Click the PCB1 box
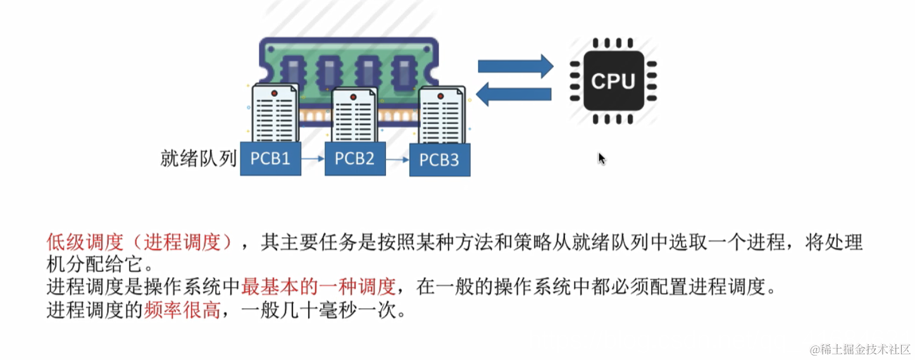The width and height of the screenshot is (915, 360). pyautogui.click(x=270, y=158)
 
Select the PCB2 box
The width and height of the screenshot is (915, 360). pyautogui.click(x=355, y=158)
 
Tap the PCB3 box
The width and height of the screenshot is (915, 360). pyautogui.click(x=440, y=159)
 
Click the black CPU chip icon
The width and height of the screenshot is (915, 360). pyautogui.click(x=613, y=81)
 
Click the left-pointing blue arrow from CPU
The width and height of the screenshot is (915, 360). pyautogui.click(x=513, y=94)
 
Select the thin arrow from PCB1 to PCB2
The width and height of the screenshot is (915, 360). pyautogui.click(x=313, y=159)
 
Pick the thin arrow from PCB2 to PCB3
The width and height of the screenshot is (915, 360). pyautogui.click(x=397, y=160)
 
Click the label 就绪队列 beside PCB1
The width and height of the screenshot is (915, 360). pyautogui.click(x=198, y=158)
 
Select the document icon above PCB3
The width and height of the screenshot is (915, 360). pyautogui.click(x=441, y=118)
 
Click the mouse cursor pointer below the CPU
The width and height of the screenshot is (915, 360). pyautogui.click(x=602, y=158)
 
